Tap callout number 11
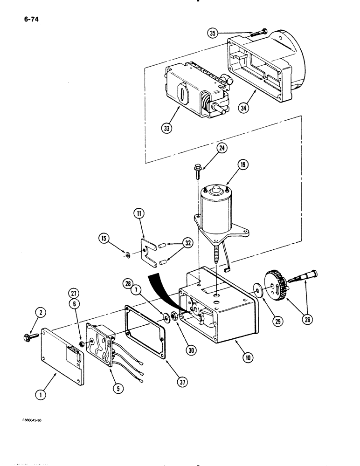139,214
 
